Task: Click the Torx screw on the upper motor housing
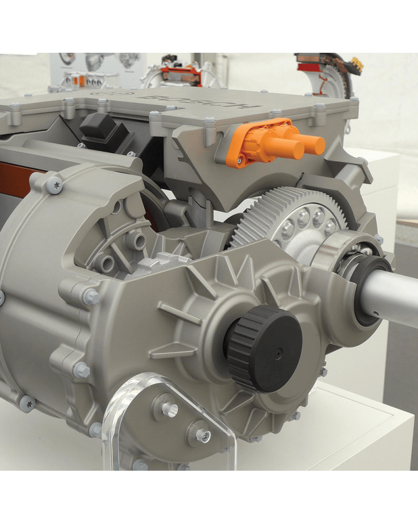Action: [x=54, y=185]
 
